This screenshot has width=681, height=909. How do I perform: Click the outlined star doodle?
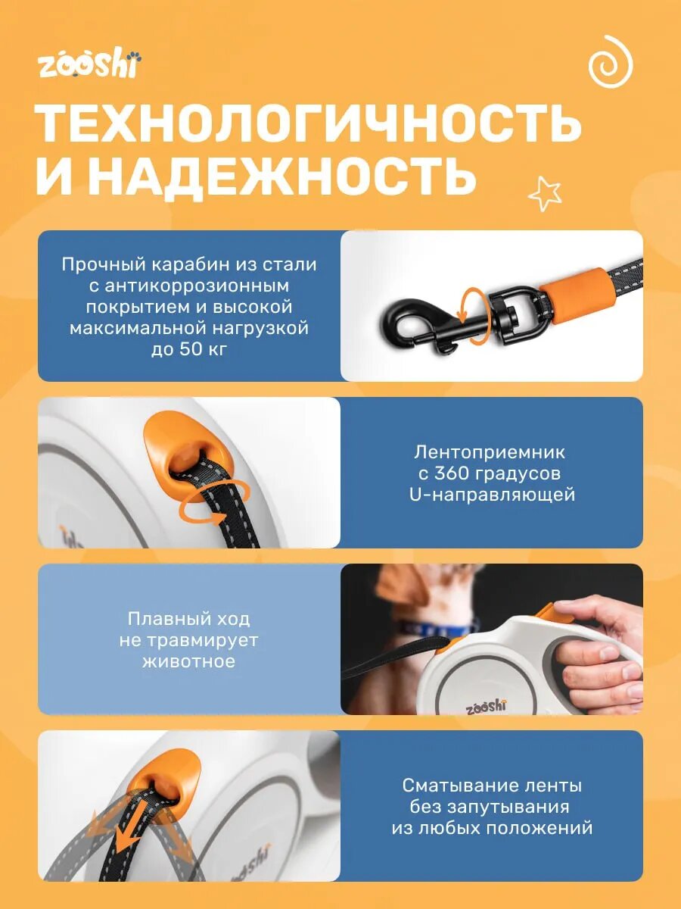[545, 193]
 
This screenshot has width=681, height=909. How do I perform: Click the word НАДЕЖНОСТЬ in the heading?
[281, 176]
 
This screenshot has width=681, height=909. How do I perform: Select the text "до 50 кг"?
[188, 350]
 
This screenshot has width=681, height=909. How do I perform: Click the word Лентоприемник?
[490, 452]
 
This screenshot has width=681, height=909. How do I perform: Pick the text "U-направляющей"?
[491, 495]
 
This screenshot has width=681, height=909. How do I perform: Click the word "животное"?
[188, 661]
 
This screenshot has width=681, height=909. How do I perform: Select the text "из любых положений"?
[492, 828]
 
